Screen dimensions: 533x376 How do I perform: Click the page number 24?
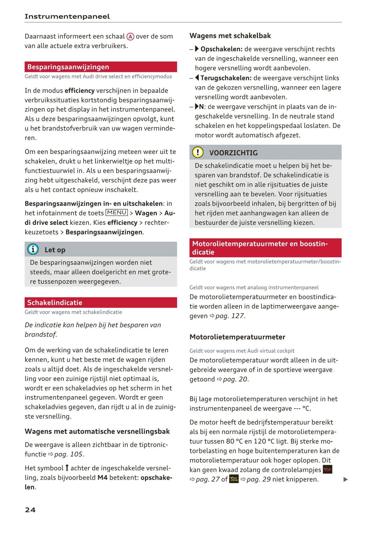pyautogui.click(x=30, y=510)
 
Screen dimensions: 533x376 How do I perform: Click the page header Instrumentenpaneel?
pyautogui.click(x=67, y=16)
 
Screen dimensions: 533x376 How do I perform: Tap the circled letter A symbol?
pyautogui.click(x=130, y=37)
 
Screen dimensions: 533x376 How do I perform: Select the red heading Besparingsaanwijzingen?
pyautogui.click(x=68, y=67)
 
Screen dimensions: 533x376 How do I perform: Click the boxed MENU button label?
pyautogui.click(x=117, y=213)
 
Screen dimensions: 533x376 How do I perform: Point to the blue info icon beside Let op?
pyautogui.click(x=33, y=249)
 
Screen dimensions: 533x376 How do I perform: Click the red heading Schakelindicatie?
pyautogui.click(x=55, y=302)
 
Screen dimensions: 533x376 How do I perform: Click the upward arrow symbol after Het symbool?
pyautogui.click(x=67, y=468)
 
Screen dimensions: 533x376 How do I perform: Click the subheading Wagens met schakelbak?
pyautogui.click(x=230, y=36)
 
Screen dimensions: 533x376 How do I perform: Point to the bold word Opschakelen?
pyautogui.click(x=221, y=49)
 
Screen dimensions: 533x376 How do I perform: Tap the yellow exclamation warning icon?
pyautogui.click(x=198, y=152)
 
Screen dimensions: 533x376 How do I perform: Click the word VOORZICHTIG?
pyautogui.click(x=233, y=153)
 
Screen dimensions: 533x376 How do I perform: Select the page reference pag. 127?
pyautogui.click(x=230, y=316)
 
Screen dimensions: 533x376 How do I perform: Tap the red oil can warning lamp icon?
pyautogui.click(x=327, y=469)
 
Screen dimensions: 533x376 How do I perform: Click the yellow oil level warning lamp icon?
pyautogui.click(x=234, y=479)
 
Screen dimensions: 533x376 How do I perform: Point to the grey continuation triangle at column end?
pyautogui.click(x=346, y=479)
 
